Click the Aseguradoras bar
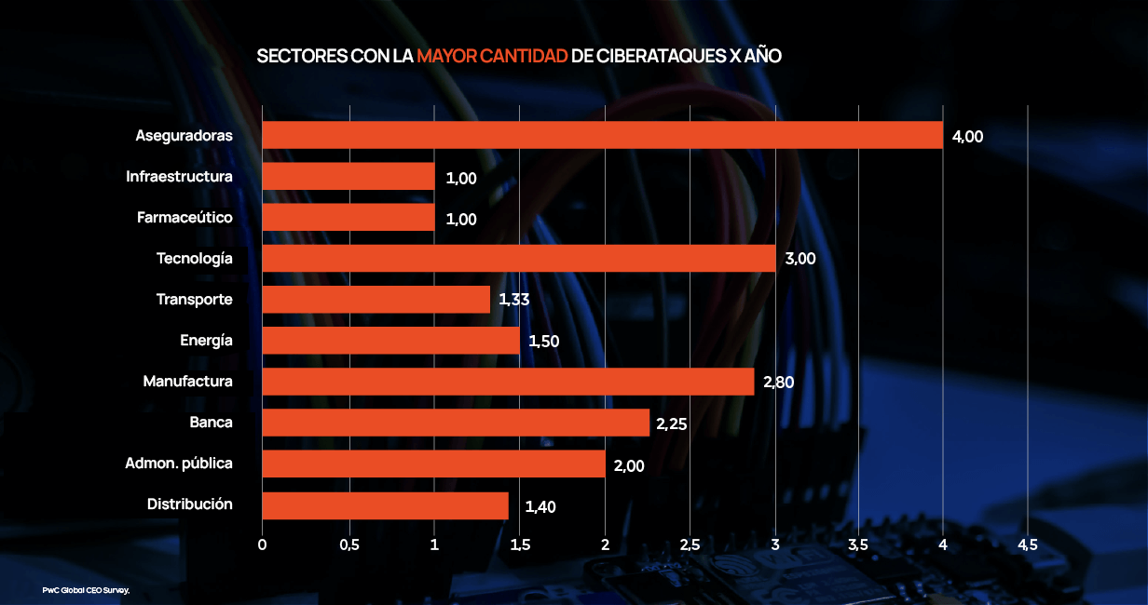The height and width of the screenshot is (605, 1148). [x=602, y=135]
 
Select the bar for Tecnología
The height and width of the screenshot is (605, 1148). [x=518, y=258]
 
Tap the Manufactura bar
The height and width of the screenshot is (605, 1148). [x=508, y=382]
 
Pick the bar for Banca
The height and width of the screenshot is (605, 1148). [x=456, y=423]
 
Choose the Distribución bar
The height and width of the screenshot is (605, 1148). [x=385, y=505]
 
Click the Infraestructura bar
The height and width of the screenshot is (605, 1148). [x=348, y=176]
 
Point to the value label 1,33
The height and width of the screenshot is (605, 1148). [x=514, y=300]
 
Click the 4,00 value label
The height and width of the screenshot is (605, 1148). [x=967, y=136]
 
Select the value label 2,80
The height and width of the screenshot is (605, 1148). [x=778, y=382]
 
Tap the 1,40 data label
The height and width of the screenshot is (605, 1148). [x=540, y=506]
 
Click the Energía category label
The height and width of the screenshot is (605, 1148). [x=206, y=341]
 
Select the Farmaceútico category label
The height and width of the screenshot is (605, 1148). [x=184, y=218]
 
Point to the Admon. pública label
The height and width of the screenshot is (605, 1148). [x=179, y=464]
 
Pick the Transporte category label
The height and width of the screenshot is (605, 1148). [x=194, y=300]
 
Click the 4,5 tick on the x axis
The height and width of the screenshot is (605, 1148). [x=1027, y=544]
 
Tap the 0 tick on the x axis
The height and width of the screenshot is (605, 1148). [x=263, y=544]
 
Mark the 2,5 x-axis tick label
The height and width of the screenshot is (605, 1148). [x=690, y=544]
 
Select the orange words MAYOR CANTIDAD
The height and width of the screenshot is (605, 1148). [x=492, y=57]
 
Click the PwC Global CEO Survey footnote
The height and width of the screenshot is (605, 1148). [x=86, y=590]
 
